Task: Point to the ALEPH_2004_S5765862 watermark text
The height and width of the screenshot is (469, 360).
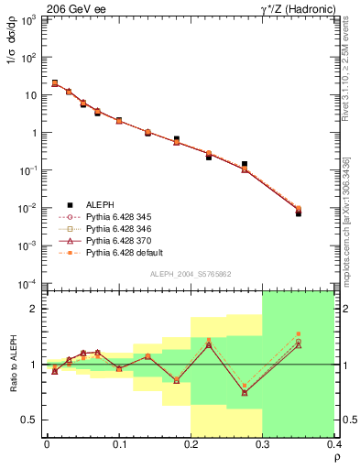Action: pos(190,274)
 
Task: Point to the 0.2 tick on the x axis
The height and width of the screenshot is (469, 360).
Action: pos(191,445)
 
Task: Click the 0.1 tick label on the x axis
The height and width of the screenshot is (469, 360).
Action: pos(119,445)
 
